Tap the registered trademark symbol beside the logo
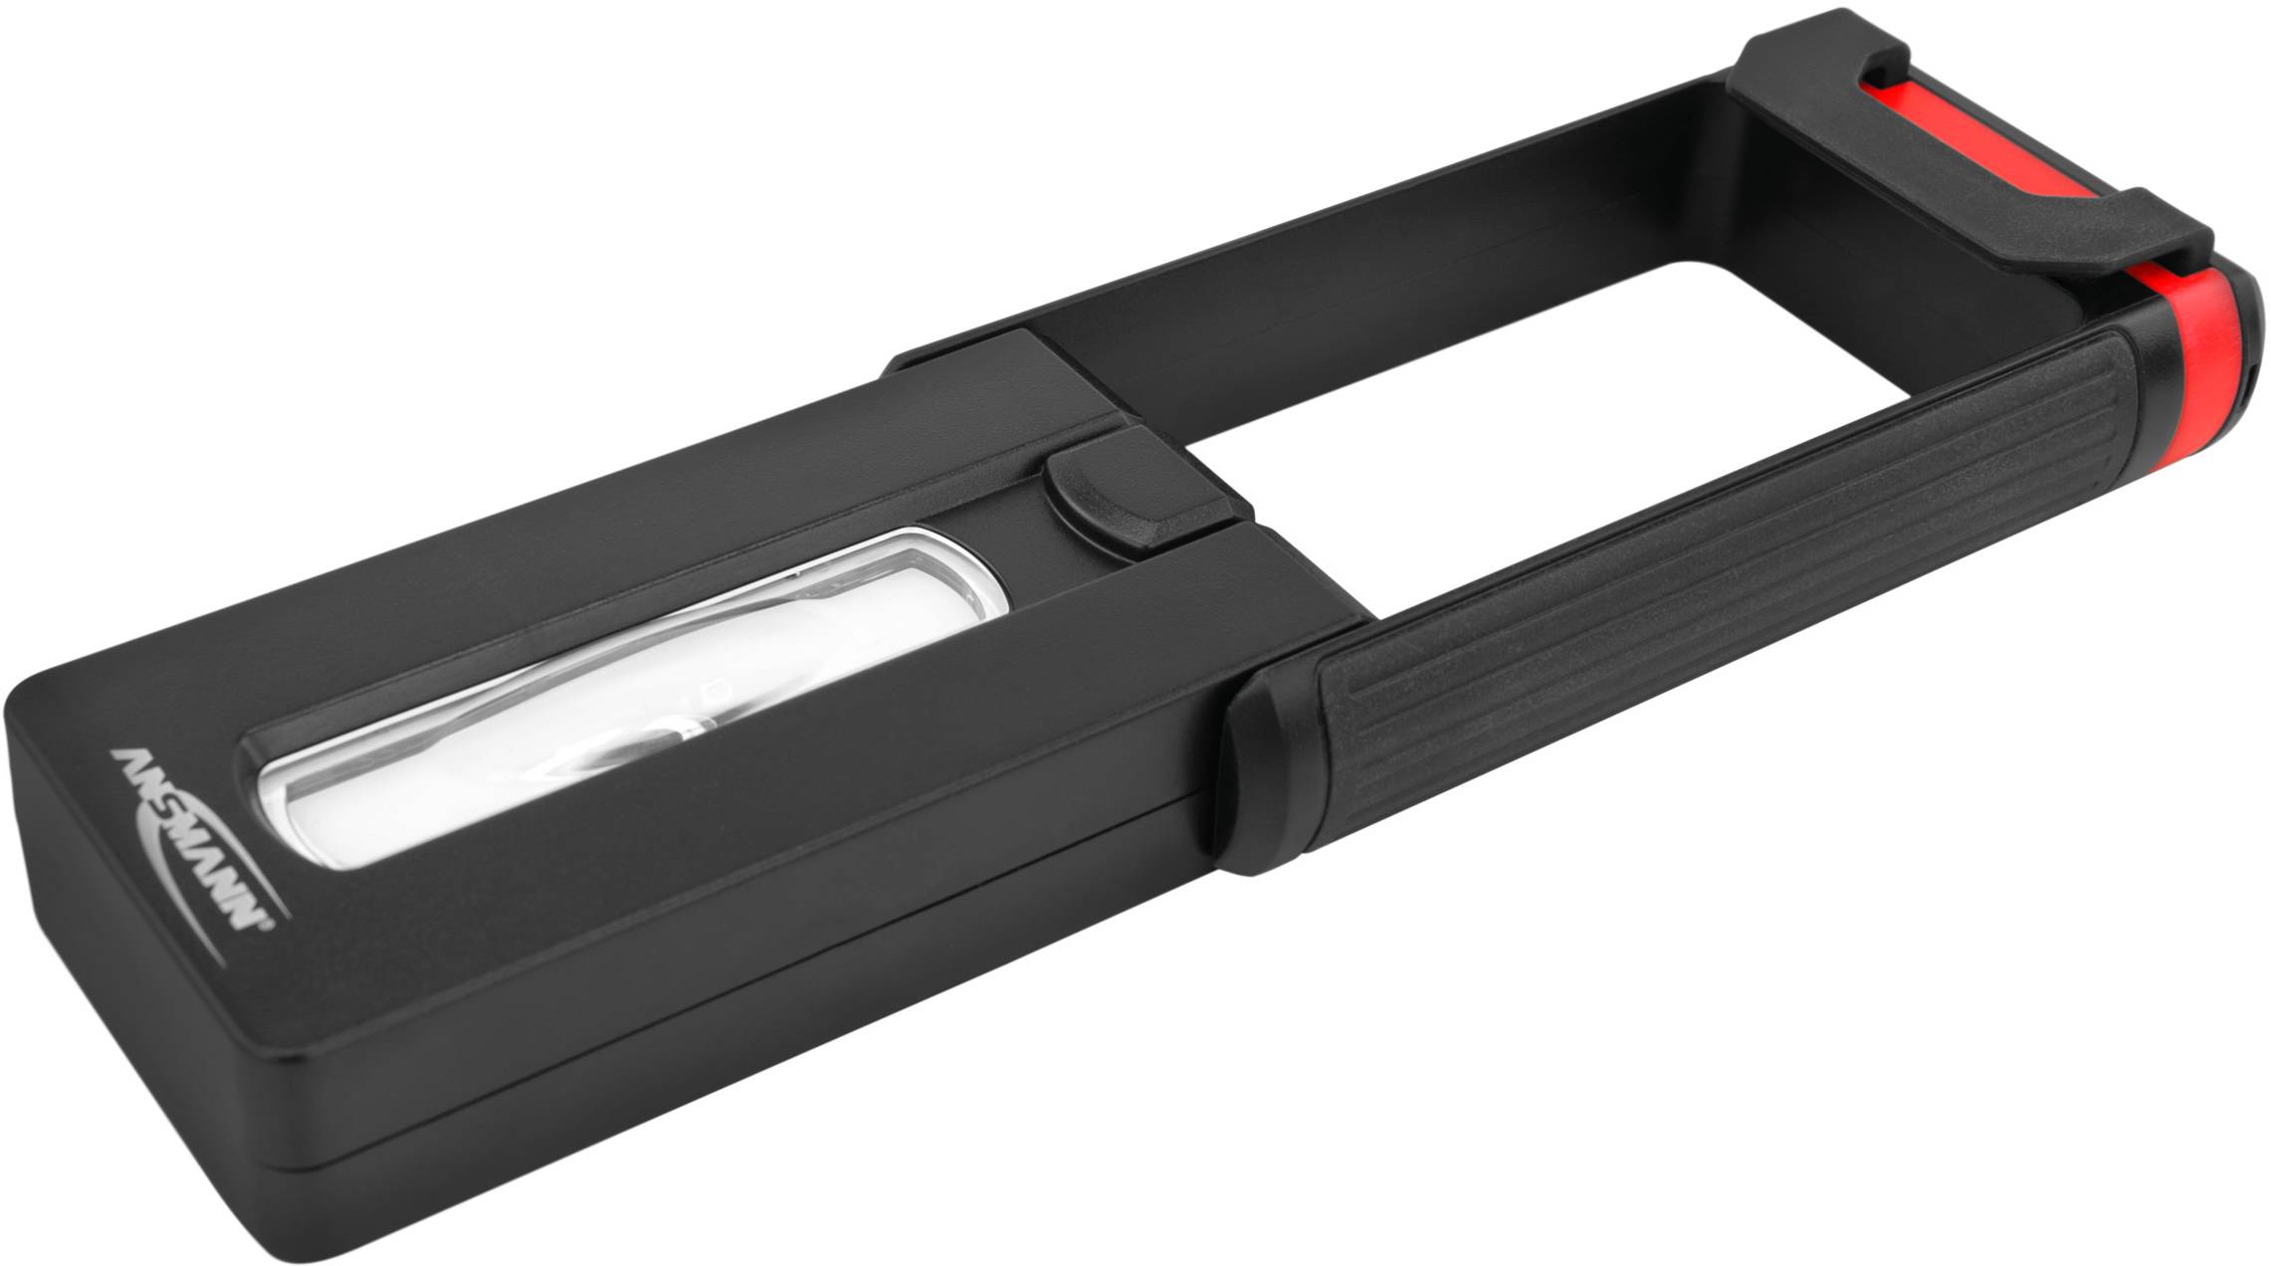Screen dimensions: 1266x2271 [x=266, y=928]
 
